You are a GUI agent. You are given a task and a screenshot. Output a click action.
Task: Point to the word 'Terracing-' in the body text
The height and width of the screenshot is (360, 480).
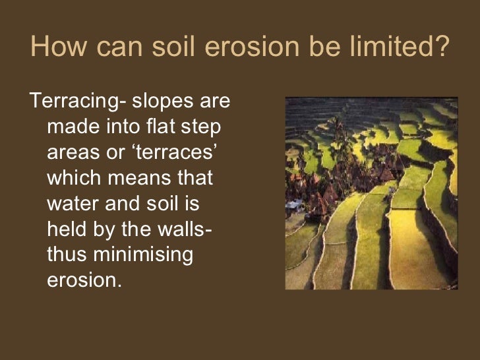coord(78,102)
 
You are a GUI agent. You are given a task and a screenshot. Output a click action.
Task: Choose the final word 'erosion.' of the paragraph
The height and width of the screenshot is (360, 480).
coord(85,280)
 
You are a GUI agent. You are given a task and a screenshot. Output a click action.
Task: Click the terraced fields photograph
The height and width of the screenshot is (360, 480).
coord(371,193)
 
